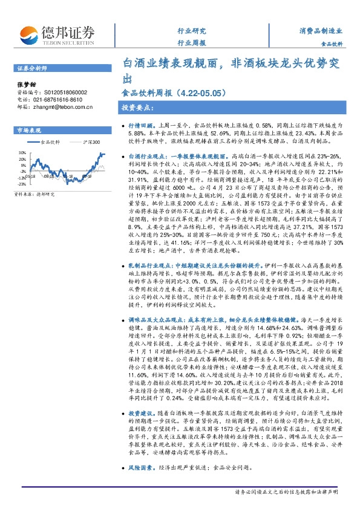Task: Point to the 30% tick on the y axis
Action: click(22, 152)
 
